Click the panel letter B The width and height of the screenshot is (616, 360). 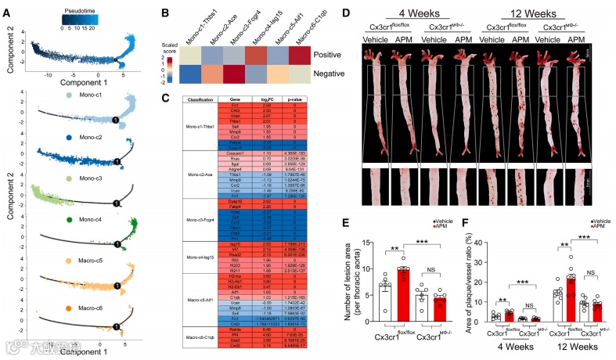pyautogui.click(x=164, y=13)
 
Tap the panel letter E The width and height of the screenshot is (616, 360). pyautogui.click(x=359, y=222)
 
